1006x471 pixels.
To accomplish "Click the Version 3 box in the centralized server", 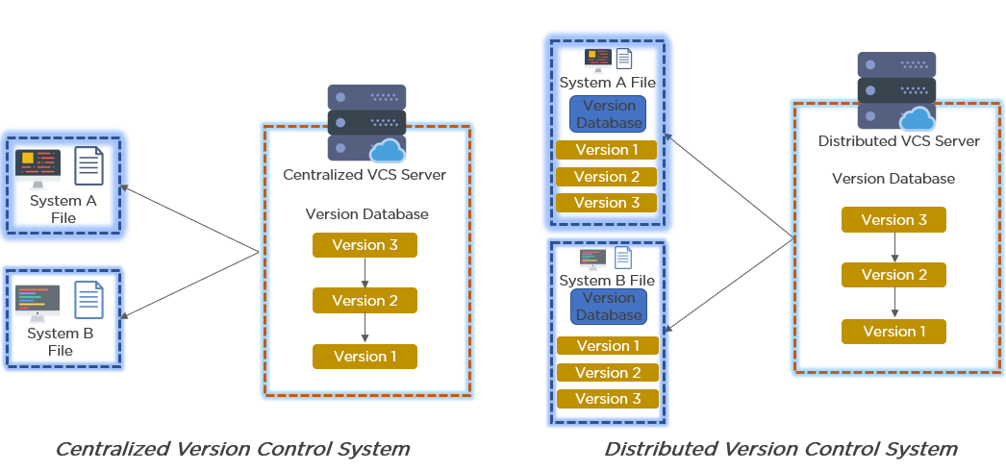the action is [x=365, y=245].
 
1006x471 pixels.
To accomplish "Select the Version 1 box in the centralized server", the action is [x=365, y=357].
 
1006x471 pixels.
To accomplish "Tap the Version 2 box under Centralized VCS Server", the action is [x=365, y=301].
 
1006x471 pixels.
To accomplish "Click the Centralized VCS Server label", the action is [x=365, y=174].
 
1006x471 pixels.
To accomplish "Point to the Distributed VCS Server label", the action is [x=899, y=141].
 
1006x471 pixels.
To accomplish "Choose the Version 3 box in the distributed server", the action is [x=893, y=220].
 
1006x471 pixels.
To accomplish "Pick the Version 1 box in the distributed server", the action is [x=893, y=332].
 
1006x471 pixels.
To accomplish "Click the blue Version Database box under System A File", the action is [x=608, y=114].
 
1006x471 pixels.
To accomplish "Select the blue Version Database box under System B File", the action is [x=608, y=307].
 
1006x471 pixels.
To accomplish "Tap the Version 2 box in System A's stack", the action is [x=606, y=177].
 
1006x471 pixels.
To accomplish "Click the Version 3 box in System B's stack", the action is [x=608, y=399].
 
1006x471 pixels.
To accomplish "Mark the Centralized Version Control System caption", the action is [x=232, y=449].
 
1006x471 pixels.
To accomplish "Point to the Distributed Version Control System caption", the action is [x=781, y=449].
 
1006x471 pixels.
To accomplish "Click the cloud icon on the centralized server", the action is [x=388, y=151].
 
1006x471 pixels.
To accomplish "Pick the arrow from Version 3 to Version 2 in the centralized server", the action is [x=365, y=272].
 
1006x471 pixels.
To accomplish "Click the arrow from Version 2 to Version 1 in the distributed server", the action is [x=895, y=303].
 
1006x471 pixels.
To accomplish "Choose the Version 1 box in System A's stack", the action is [x=606, y=150].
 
